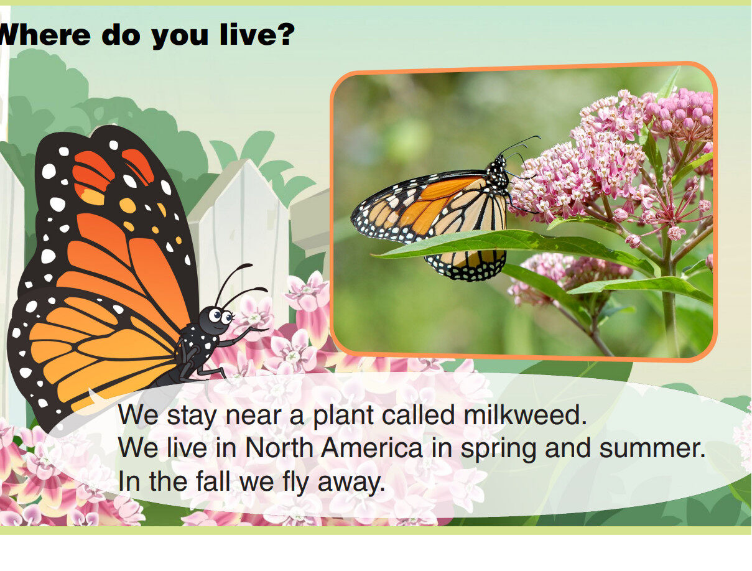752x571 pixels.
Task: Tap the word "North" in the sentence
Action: [280, 448]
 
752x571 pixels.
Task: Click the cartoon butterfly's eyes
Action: [220, 315]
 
